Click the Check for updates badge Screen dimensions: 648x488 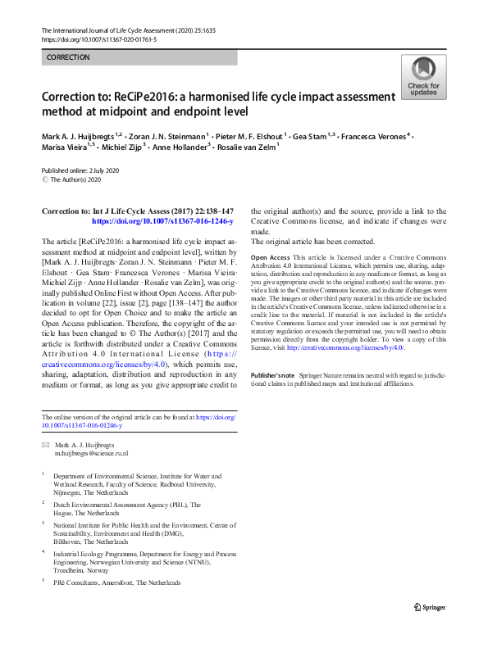click(x=422, y=77)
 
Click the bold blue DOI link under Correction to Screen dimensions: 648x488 click(x=162, y=221)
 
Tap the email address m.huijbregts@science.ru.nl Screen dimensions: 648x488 click(x=91, y=453)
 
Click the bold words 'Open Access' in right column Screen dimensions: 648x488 click(x=269, y=258)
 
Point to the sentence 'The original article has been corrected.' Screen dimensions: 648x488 click(x=312, y=242)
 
